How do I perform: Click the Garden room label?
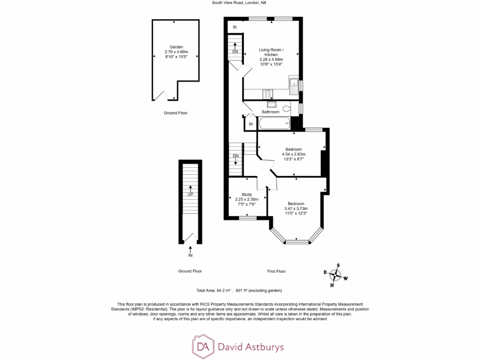point(176,47)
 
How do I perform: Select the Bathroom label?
point(270,112)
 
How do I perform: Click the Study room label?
point(247,195)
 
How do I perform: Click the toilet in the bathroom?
point(294,109)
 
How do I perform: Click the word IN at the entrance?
point(190,256)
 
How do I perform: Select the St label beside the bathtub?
point(250,124)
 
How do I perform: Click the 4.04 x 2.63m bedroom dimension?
point(293,154)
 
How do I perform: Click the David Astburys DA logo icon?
point(203,347)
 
